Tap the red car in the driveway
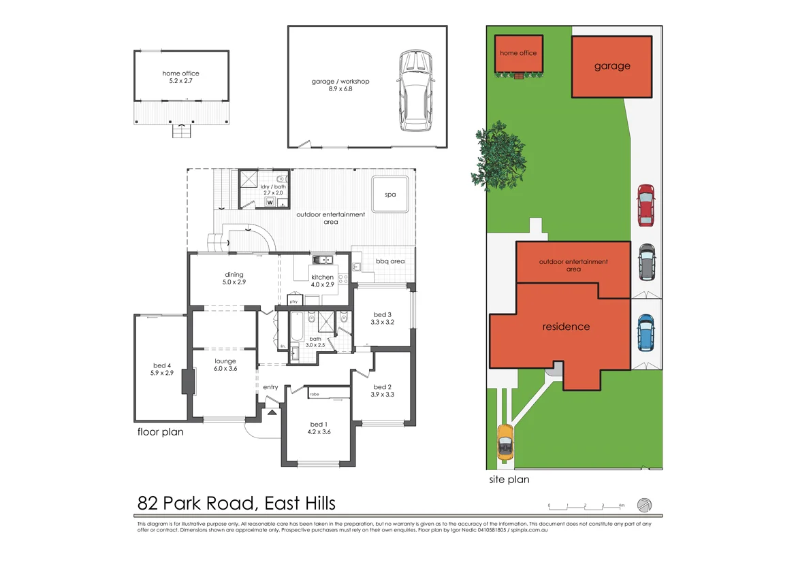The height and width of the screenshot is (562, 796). (645, 205)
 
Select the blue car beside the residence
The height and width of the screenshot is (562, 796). (645, 332)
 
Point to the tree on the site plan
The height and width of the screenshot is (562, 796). (500, 157)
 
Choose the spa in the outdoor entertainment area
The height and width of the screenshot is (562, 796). (390, 194)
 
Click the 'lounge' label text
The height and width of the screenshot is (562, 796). (225, 361)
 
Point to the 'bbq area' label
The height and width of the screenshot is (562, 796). (390, 261)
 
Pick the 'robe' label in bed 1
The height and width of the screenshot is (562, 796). (315, 394)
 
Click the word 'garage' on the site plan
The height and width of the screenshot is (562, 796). (611, 66)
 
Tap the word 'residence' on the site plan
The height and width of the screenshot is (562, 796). (566, 327)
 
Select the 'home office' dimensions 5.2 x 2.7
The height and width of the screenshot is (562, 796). (180, 81)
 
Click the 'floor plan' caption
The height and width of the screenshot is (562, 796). (160, 431)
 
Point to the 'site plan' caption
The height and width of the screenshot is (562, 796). (509, 479)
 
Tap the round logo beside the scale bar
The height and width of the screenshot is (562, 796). (644, 505)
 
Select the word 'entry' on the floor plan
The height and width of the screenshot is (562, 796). (270, 387)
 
